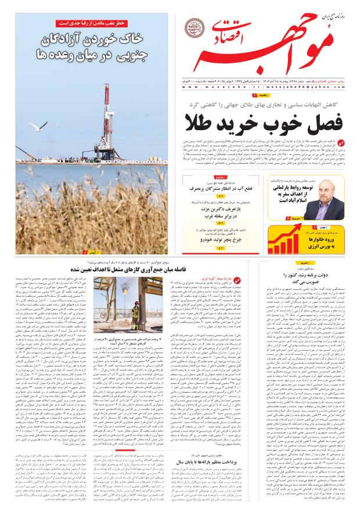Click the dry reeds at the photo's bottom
coord(87,221)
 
